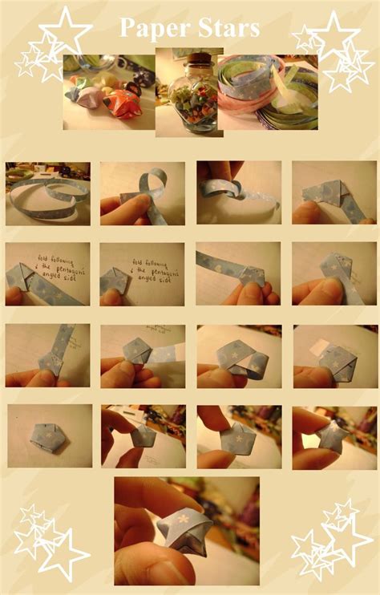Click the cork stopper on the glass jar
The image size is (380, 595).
193,63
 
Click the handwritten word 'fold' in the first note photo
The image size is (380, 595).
45,260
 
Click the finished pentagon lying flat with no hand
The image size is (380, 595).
47,437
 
